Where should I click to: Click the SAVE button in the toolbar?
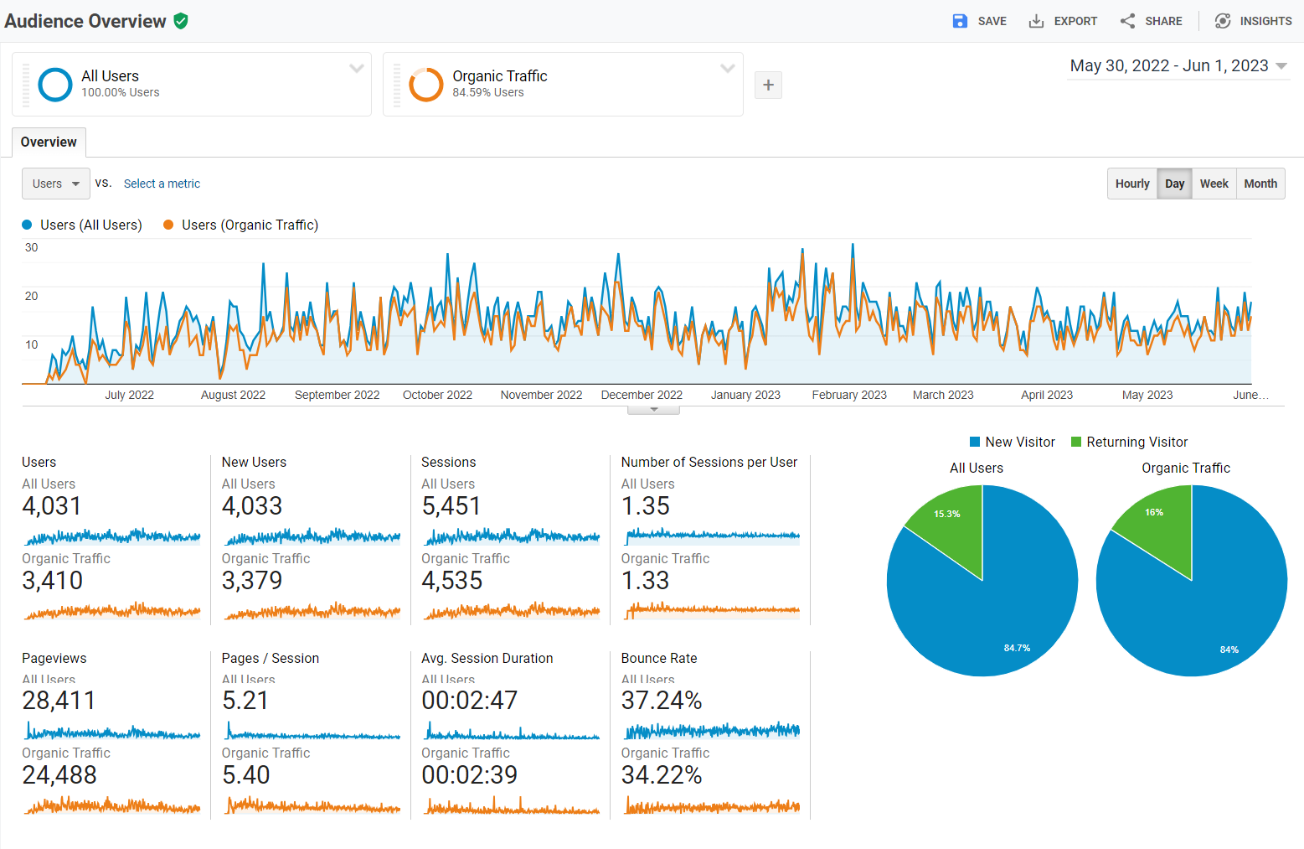(x=980, y=21)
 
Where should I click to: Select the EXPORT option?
(x=1063, y=21)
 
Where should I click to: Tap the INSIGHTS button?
(x=1254, y=21)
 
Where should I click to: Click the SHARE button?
(x=1152, y=21)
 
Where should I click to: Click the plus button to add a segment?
(x=768, y=85)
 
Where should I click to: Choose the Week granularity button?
(x=1214, y=184)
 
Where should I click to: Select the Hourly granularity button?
(x=1132, y=184)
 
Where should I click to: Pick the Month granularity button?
(x=1260, y=184)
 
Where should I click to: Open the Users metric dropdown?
(x=55, y=184)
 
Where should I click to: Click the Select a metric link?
(x=162, y=184)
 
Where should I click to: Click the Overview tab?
(x=49, y=142)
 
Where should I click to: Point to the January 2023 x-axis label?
(x=745, y=395)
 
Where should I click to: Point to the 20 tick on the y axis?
(x=31, y=296)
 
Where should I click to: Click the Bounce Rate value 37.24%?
(x=662, y=701)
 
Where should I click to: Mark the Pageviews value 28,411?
(x=59, y=701)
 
